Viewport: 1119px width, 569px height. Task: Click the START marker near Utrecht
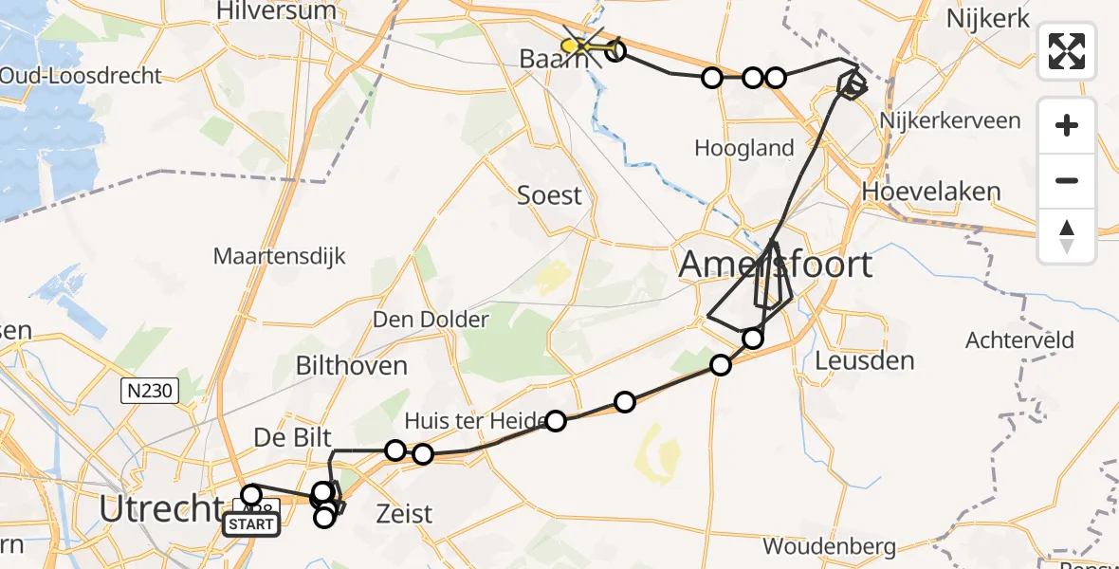point(251,524)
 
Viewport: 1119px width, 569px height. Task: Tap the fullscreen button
point(1067,51)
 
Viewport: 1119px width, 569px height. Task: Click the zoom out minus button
point(1067,180)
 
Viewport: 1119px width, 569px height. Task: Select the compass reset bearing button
point(1067,236)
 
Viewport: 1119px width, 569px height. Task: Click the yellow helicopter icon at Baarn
point(575,46)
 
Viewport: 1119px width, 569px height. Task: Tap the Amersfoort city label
point(776,264)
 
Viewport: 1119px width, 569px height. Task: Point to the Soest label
point(549,195)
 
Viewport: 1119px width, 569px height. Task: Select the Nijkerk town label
point(987,19)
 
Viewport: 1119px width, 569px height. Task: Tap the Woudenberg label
point(829,546)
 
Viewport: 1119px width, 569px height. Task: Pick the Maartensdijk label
point(280,256)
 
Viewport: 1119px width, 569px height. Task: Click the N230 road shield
point(150,389)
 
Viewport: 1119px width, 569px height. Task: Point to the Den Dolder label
point(431,319)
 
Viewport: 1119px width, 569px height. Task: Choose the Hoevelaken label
point(931,192)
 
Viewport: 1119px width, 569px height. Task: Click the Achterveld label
point(1019,340)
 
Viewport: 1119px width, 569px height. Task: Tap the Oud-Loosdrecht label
point(81,76)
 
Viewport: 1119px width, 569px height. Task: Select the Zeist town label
point(405,514)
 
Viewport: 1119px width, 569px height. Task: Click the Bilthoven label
point(351,365)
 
